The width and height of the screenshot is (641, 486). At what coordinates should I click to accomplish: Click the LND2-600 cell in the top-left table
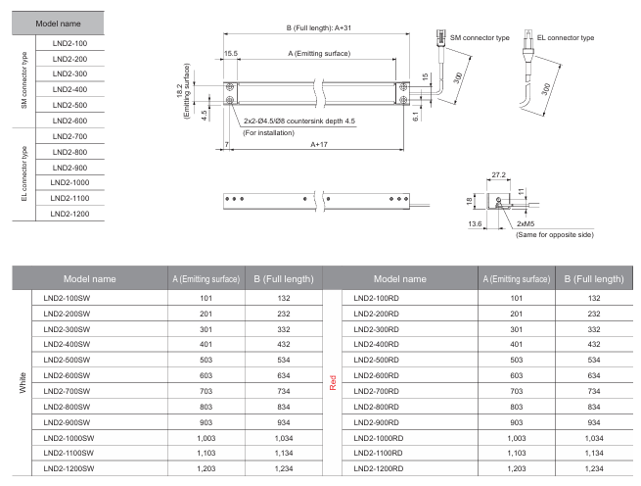[x=69, y=120]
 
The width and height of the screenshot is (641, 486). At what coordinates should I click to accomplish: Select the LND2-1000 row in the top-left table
[x=69, y=182]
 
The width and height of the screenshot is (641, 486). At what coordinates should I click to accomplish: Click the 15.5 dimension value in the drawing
[x=232, y=53]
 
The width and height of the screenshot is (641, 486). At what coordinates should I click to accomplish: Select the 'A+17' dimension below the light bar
[x=319, y=143]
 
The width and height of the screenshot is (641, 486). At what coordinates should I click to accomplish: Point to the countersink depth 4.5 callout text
[x=299, y=121]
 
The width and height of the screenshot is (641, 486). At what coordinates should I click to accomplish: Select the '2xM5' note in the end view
[x=526, y=222]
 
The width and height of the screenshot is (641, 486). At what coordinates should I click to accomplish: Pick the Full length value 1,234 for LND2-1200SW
[x=284, y=468]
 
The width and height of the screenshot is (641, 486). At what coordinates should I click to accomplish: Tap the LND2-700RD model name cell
[x=377, y=389]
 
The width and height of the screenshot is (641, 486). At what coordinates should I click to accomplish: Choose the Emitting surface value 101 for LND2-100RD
[x=517, y=297]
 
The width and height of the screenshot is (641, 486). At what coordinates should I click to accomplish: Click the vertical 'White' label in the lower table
[x=22, y=381]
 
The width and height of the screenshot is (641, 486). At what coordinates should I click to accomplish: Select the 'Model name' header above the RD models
[x=400, y=278]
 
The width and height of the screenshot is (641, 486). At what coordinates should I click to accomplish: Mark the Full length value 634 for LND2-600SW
[x=284, y=374]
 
